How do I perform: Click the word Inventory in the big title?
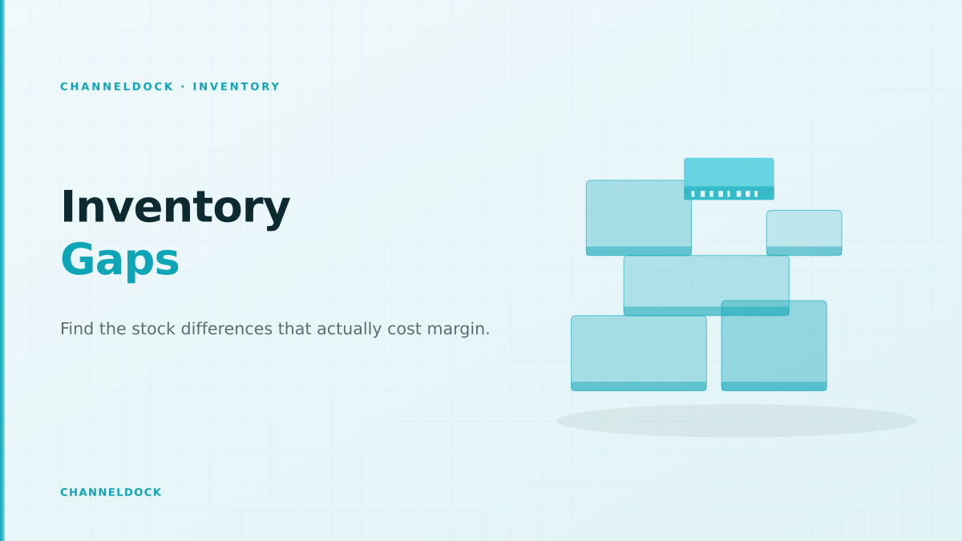(176, 208)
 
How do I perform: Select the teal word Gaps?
(119, 260)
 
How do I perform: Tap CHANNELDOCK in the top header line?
(117, 87)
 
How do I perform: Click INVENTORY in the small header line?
(236, 87)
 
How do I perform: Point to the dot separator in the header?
(184, 87)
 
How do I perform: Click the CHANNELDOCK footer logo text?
(111, 492)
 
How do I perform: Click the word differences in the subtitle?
(226, 329)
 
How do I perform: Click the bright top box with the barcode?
(729, 179)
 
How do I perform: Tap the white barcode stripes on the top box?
(724, 194)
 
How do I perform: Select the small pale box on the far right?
(804, 232)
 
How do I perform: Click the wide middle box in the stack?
(706, 285)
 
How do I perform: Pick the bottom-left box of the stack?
(639, 353)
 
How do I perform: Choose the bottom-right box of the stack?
(774, 345)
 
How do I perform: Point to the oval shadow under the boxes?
(736, 421)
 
